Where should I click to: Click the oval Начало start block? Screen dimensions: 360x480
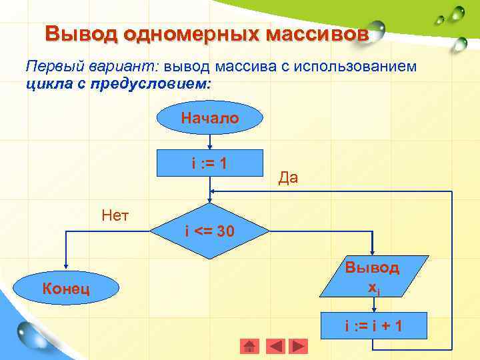tap(210, 118)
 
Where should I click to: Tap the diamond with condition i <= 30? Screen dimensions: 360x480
tap(210, 231)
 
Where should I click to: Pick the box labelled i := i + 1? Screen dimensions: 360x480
tap(373, 327)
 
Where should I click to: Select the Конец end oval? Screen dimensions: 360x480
tap(66, 289)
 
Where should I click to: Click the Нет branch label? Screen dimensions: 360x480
tap(115, 215)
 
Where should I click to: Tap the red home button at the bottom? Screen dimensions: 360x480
tap(249, 347)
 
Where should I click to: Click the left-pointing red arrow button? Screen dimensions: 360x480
tap(275, 347)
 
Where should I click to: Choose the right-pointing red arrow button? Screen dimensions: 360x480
tap(299, 347)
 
